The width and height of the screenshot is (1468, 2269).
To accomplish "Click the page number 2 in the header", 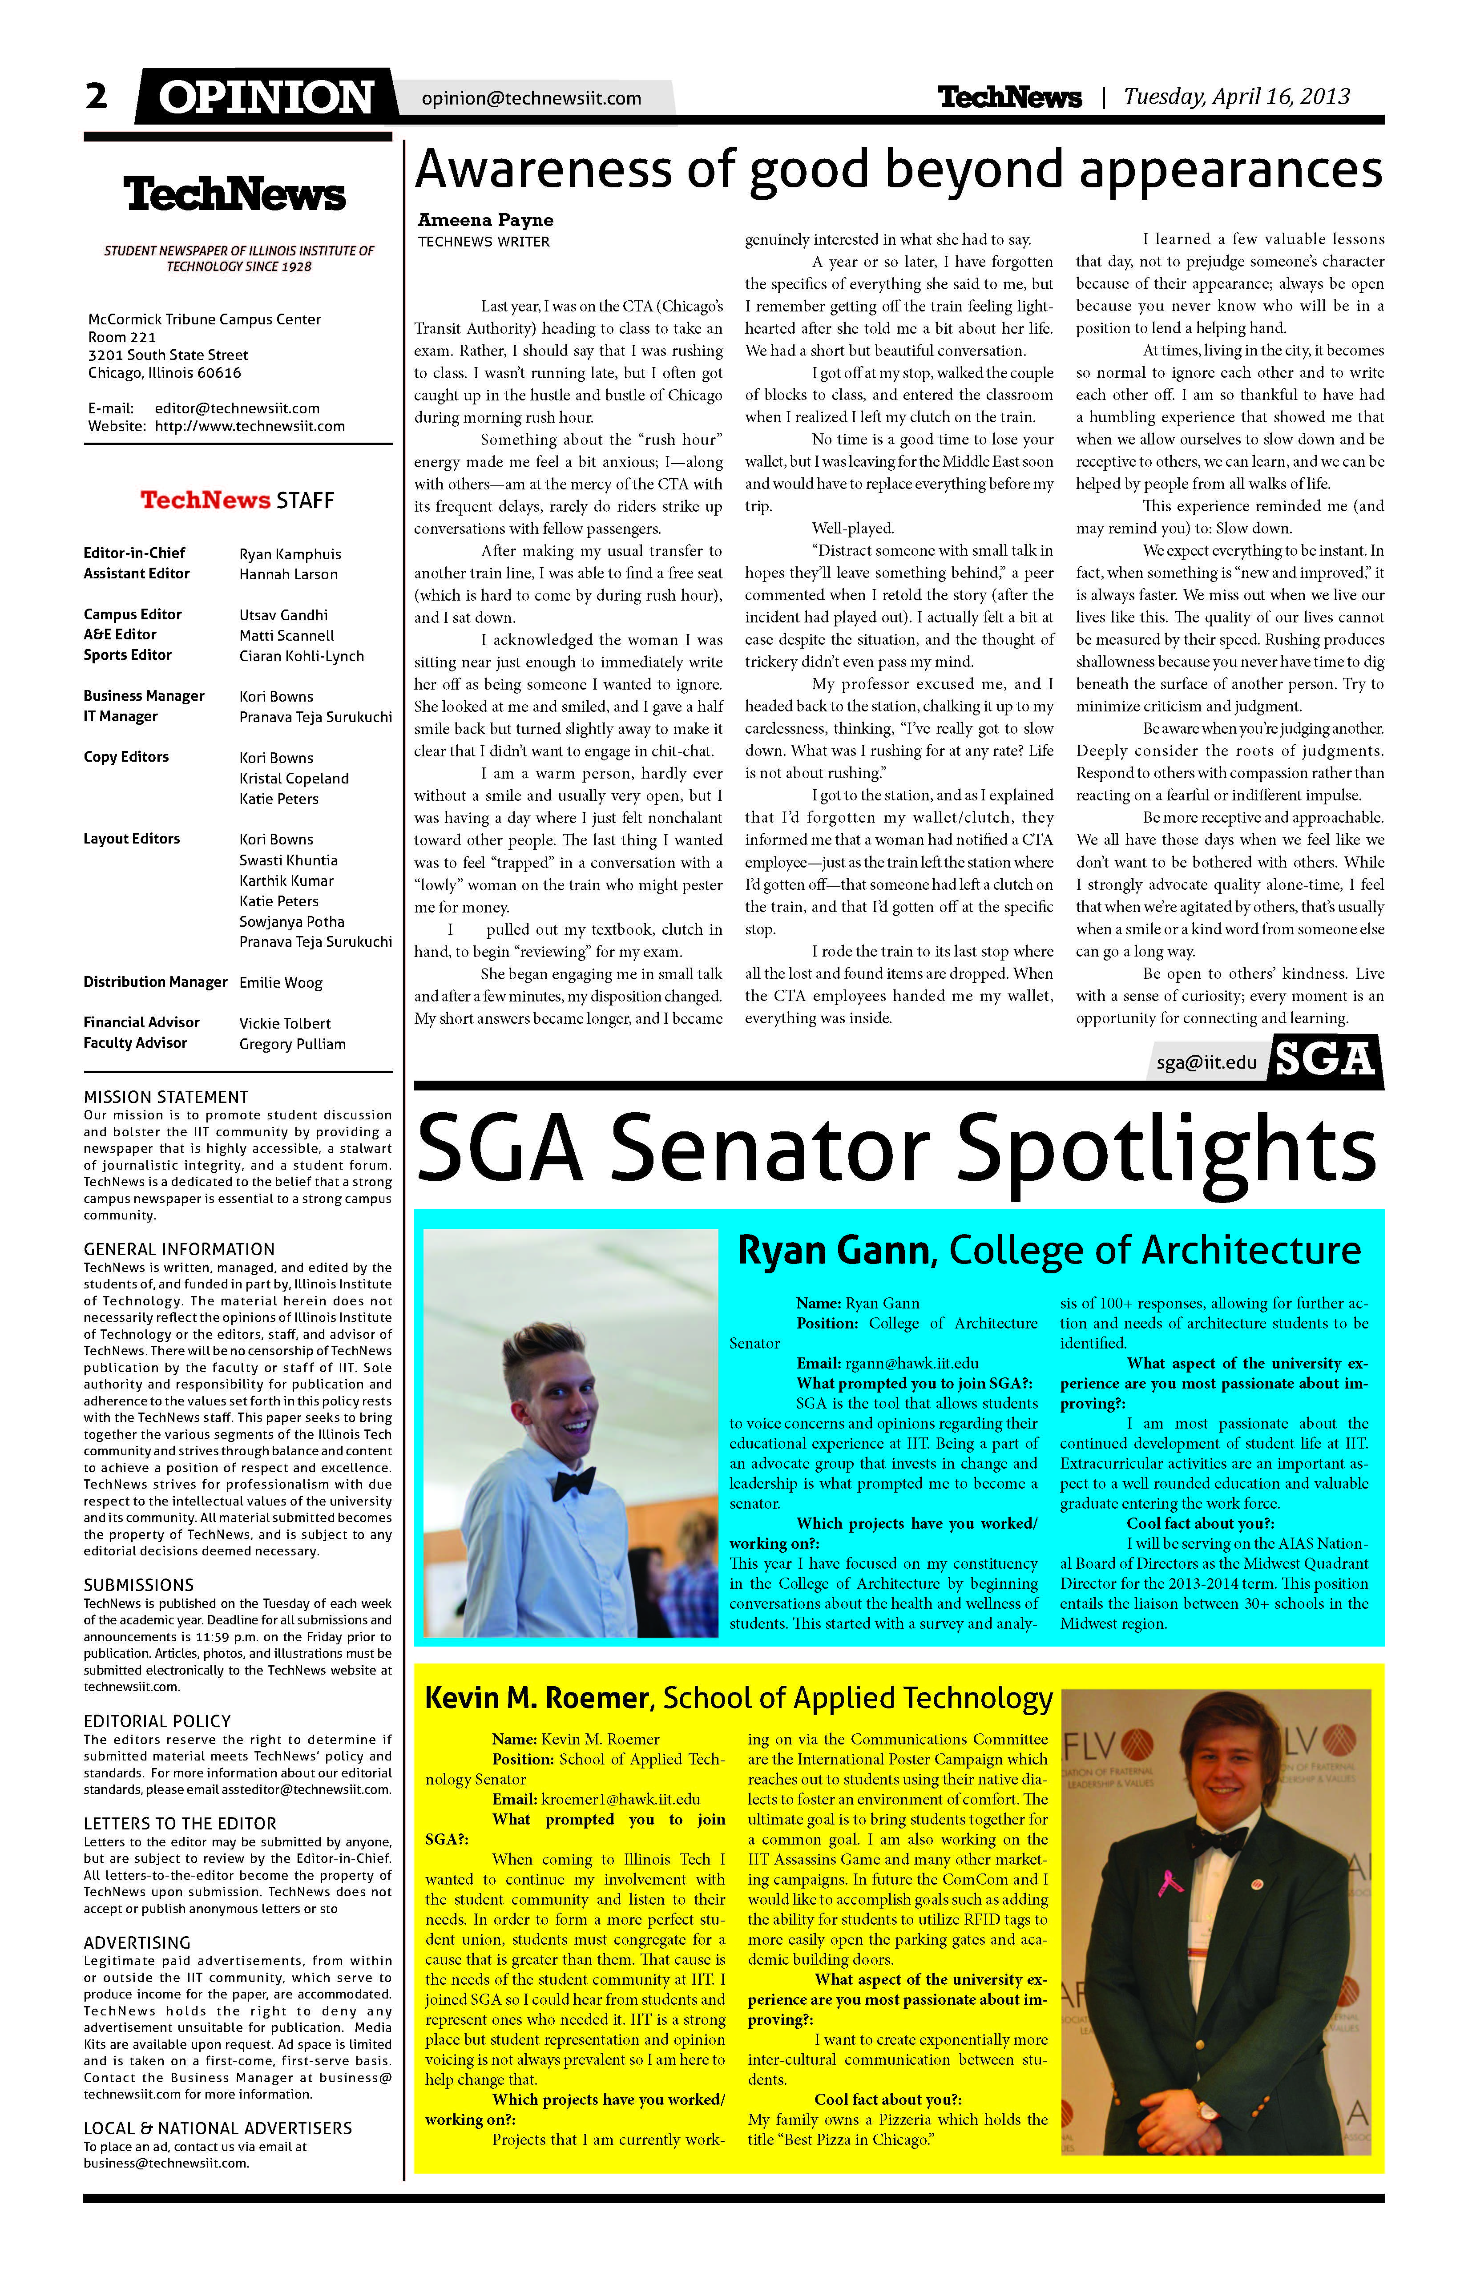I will point(96,96).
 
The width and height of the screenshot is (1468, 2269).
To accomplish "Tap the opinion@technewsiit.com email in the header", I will point(531,98).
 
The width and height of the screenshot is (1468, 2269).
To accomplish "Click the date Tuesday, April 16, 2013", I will point(1236,96).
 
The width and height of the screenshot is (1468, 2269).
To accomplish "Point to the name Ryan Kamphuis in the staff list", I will point(290,554).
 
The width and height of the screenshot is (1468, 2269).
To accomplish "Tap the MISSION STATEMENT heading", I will point(166,1097).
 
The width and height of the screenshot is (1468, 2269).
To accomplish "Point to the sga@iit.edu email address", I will point(1206,1062).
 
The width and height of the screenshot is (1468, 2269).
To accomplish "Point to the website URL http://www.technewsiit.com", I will point(250,426).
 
